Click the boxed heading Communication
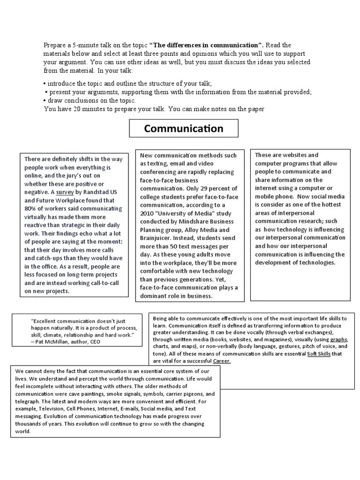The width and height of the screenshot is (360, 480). click(184, 128)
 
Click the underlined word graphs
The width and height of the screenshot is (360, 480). click(339, 339)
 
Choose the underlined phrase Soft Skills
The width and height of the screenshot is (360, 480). click(319, 354)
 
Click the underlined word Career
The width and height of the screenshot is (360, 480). click(222, 361)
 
